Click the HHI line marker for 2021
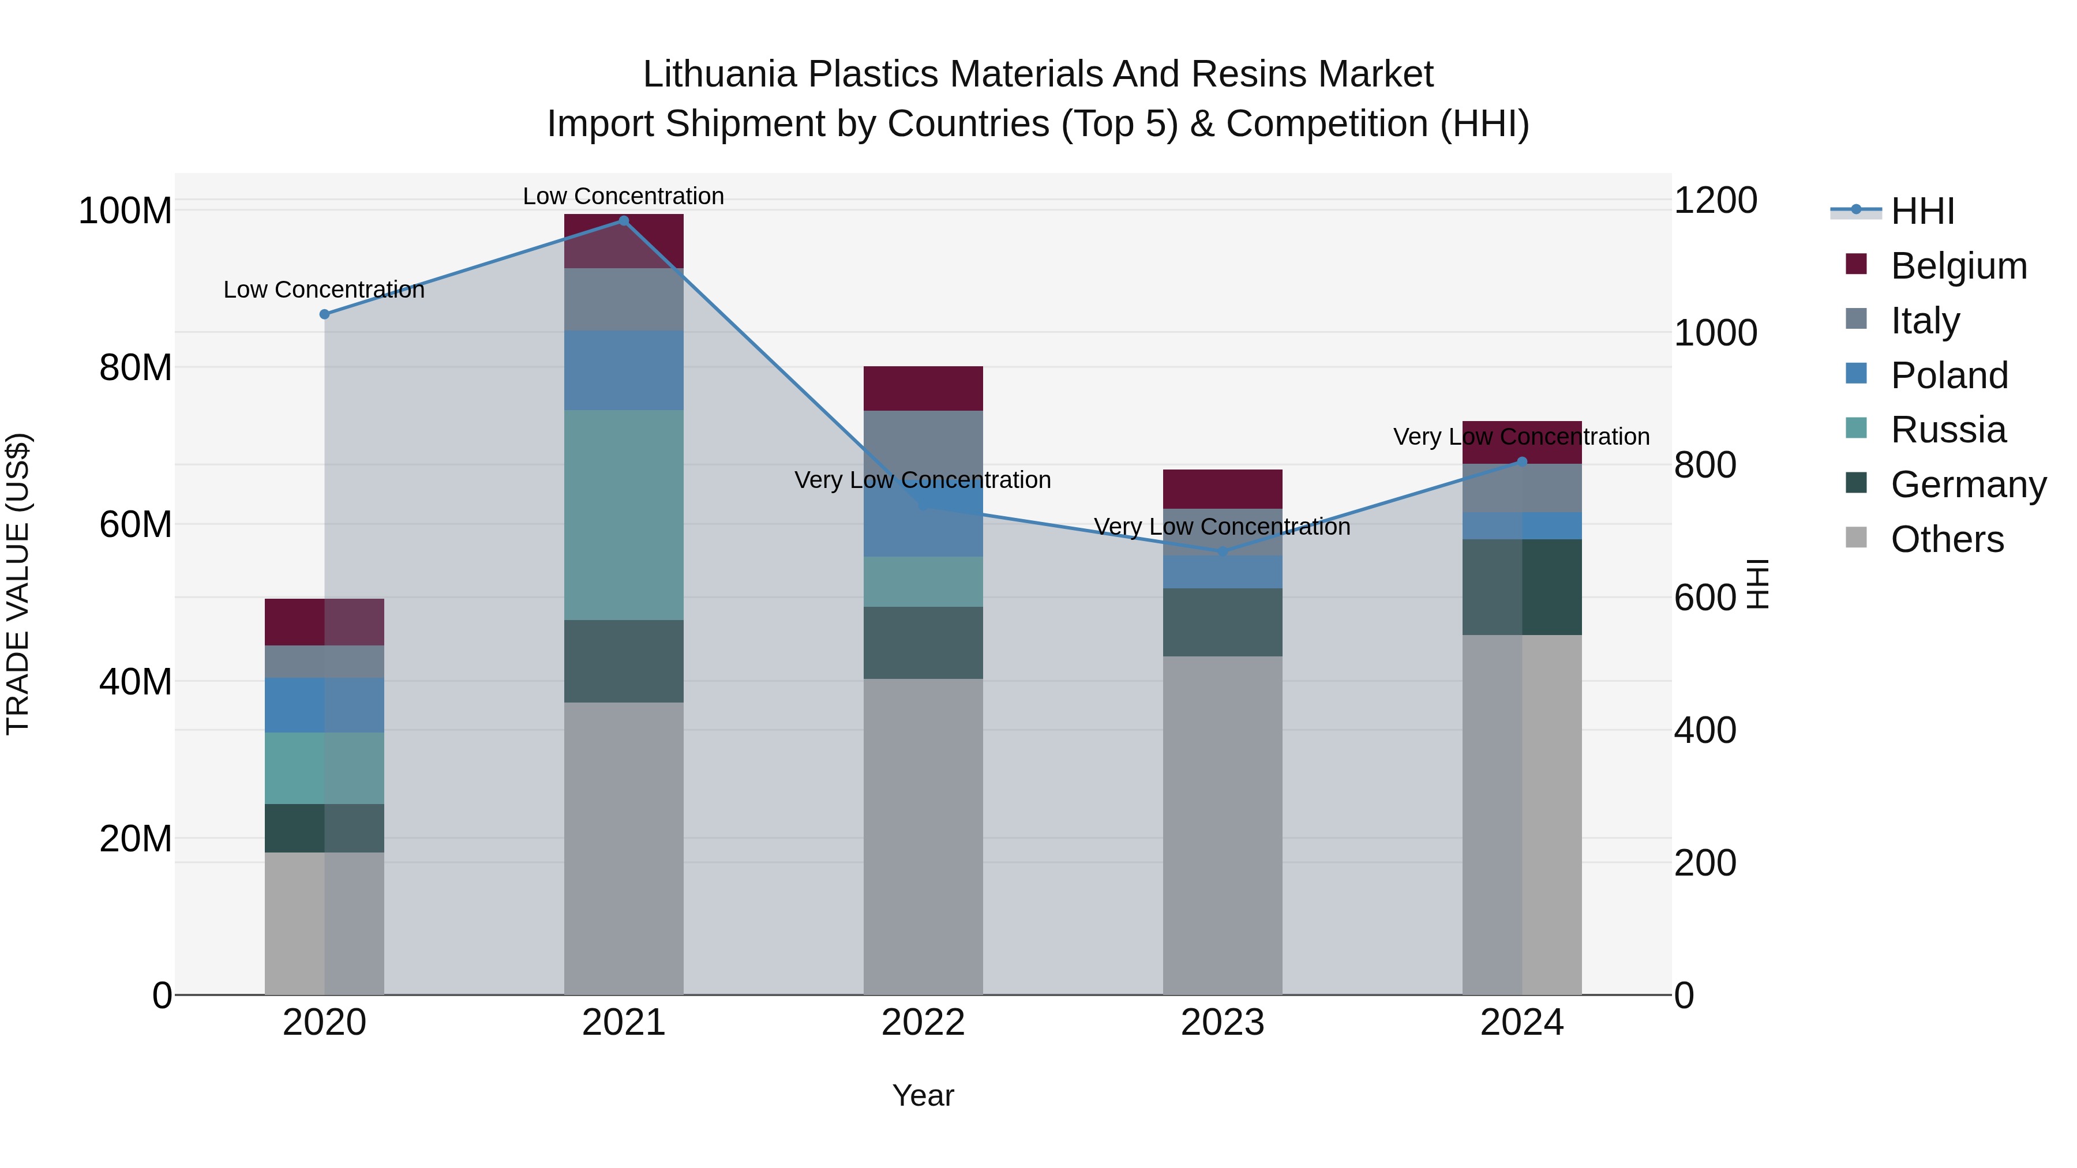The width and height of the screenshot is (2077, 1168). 623,221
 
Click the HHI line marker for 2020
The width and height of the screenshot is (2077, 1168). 325,314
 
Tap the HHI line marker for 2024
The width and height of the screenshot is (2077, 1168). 1521,462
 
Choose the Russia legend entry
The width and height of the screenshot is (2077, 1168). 1947,430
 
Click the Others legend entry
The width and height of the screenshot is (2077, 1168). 1947,539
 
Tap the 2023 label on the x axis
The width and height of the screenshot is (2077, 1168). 1223,1023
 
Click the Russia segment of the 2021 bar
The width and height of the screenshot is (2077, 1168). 623,514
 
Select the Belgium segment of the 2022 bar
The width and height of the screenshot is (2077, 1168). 923,389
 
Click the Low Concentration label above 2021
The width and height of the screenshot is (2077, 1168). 623,196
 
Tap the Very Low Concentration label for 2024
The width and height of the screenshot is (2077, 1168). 1521,437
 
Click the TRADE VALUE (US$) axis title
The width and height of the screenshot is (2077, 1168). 18,584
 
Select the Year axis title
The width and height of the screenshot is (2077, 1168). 923,1095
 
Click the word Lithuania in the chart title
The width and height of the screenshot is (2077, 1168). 719,74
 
